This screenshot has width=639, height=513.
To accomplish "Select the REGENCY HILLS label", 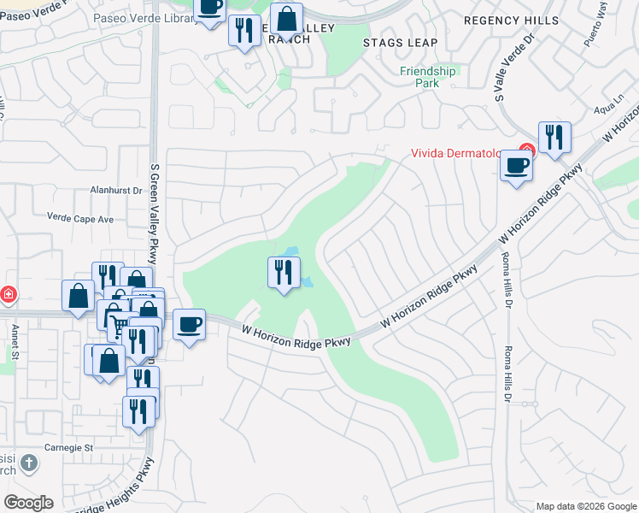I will pos(511,20).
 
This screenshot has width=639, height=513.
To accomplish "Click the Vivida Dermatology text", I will pos(462,154).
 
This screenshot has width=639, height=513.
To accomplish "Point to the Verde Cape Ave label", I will pos(80,219).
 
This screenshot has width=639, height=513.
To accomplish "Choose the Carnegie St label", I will pos(69,447).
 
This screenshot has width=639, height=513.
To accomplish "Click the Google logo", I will pos(28,503).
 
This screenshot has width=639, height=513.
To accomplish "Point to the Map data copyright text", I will pos(585,506).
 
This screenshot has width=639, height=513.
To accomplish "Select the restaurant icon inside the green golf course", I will pos(284,273).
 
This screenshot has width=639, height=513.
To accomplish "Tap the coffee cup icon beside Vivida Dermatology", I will pos(516,165).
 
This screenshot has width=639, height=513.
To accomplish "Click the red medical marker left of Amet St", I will pos(7,295).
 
